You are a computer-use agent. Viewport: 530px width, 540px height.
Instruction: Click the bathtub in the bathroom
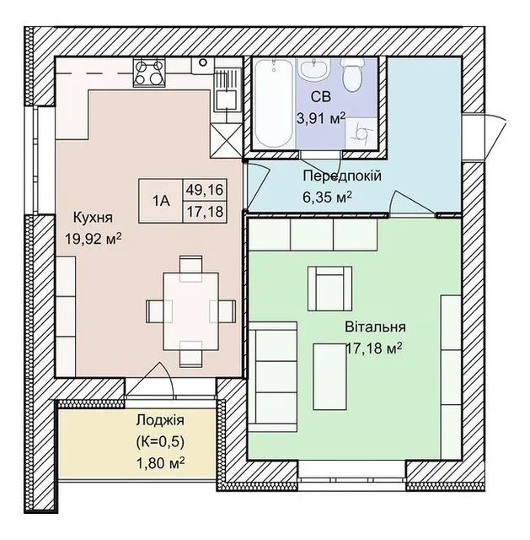click(274, 103)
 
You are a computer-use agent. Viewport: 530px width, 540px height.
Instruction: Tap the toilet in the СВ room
click(352, 74)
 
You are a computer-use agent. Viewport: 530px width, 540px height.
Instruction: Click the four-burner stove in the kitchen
click(149, 73)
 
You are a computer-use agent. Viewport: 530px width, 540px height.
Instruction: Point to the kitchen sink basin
click(226, 100)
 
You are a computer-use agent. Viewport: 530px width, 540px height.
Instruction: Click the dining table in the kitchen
click(191, 311)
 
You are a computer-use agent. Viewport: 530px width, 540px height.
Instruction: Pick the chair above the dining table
click(191, 267)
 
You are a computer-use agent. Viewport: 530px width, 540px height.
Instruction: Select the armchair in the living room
click(329, 289)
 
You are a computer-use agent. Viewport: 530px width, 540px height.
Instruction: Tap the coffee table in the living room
click(329, 376)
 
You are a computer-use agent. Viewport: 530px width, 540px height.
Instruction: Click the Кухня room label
click(93, 218)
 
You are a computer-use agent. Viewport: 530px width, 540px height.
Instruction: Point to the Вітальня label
click(375, 327)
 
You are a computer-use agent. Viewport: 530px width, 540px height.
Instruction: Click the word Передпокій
click(342, 176)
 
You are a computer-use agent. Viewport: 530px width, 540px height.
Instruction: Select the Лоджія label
click(160, 420)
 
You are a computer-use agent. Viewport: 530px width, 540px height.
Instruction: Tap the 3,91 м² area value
click(321, 119)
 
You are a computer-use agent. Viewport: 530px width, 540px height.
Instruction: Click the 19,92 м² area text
click(94, 239)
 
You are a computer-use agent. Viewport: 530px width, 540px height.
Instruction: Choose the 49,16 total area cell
click(204, 189)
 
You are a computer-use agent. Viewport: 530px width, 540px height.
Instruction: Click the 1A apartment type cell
click(161, 201)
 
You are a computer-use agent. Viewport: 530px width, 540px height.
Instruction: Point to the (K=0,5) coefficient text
click(160, 441)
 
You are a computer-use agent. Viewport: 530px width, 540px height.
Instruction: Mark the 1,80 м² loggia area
click(160, 463)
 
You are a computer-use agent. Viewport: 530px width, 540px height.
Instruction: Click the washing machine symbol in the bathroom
click(361, 132)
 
